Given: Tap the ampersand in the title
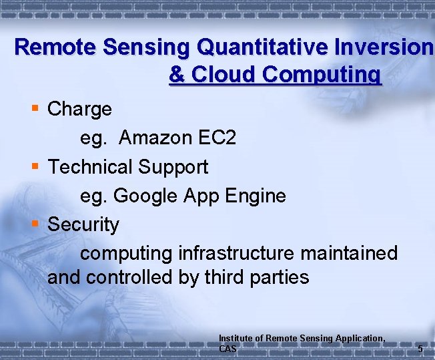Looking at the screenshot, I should click(177, 74).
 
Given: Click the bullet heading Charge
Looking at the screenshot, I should click(79, 109).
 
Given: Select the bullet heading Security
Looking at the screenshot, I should click(83, 225).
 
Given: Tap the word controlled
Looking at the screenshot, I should click(139, 277).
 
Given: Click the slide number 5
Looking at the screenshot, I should click(420, 349).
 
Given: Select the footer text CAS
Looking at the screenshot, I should click(228, 349).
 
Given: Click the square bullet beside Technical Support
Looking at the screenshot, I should click(35, 166).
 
